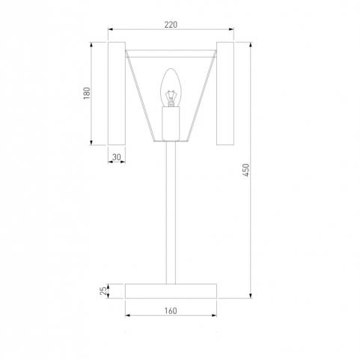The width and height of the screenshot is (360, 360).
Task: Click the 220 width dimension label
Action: (x=171, y=25)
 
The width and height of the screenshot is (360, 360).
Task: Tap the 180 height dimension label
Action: (x=87, y=94)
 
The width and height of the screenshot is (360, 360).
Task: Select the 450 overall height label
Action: (x=246, y=170)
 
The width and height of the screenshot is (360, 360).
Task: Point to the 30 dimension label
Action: (x=116, y=157)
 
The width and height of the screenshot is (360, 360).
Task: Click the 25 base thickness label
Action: (x=103, y=291)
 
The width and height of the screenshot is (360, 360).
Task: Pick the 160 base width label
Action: (x=171, y=311)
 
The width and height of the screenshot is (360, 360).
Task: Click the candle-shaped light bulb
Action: (x=171, y=88)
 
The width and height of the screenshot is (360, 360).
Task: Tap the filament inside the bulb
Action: (x=171, y=98)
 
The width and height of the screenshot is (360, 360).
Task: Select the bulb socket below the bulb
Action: (x=171, y=123)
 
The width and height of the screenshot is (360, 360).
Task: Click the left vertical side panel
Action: (x=117, y=94)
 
